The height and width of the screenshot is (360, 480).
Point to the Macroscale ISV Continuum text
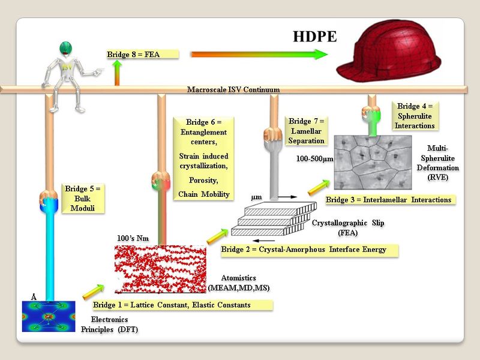[x=233, y=90]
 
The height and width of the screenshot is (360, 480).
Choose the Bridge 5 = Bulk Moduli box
[x=82, y=198]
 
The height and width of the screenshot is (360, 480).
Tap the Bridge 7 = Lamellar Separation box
[x=307, y=131]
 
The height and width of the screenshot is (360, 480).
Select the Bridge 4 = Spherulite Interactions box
[x=415, y=116]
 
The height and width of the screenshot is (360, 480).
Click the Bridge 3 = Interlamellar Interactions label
[x=388, y=199]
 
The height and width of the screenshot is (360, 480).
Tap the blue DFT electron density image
[x=49, y=316]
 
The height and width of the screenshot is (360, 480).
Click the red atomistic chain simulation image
[x=160, y=269]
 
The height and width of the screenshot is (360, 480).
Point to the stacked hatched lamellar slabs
[x=273, y=219]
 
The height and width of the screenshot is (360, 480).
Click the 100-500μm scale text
[x=314, y=160]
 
